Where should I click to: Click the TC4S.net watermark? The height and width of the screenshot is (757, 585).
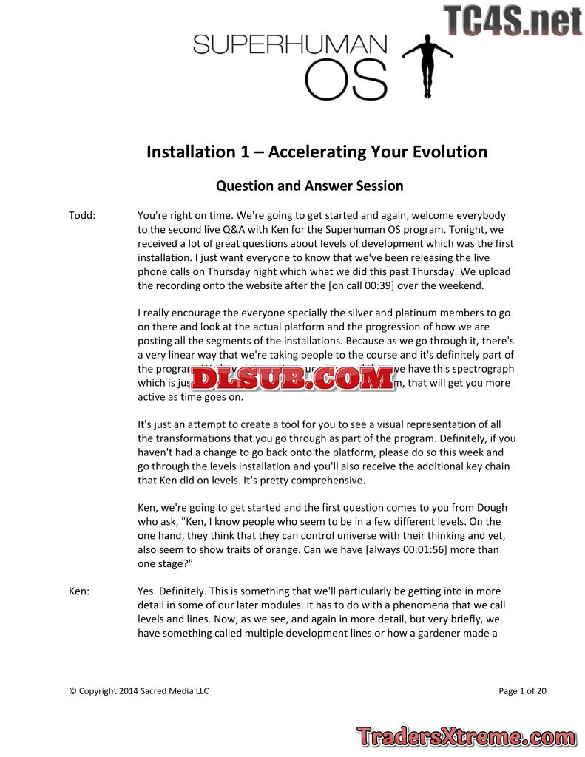513,21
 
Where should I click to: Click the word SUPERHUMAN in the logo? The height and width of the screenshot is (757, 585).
289,45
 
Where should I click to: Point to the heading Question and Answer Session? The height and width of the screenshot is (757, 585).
309,186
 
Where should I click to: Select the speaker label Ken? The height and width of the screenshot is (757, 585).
79,591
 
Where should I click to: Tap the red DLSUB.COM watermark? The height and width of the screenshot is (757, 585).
293,378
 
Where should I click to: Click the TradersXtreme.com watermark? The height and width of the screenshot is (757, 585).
465,736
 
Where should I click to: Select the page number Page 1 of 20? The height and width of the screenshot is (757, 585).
522,691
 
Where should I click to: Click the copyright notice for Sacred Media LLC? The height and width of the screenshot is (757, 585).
139,691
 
